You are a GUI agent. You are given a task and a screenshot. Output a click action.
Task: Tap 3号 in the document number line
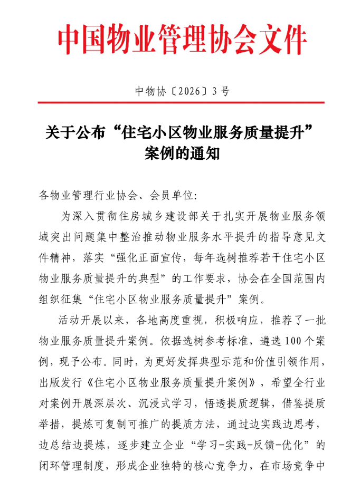[x=221, y=91]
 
